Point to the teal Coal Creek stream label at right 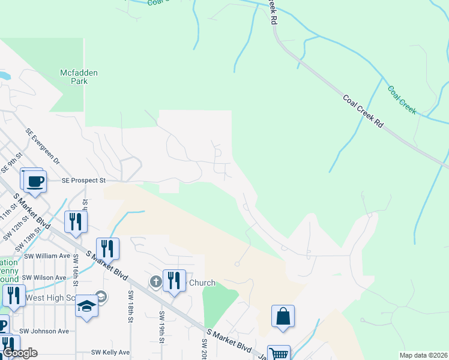[x=402, y=100]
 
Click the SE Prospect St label [x=83, y=180]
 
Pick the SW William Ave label [x=47, y=256]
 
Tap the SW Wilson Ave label [x=45, y=278]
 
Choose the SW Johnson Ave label [x=44, y=331]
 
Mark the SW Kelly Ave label [x=110, y=352]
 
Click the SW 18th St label [x=130, y=307]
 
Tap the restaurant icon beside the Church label [x=174, y=280]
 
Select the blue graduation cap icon [x=86, y=307]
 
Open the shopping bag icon [x=283, y=316]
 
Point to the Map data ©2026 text [x=423, y=355]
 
